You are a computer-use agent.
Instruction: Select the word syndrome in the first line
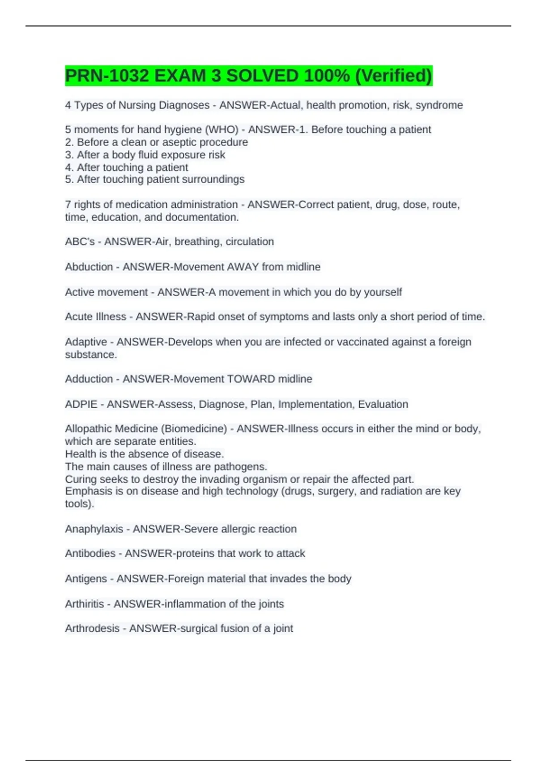[x=439, y=105]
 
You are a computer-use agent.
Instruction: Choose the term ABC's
[x=80, y=242]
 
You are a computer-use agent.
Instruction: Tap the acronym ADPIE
[x=81, y=404]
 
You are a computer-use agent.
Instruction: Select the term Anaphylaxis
[x=94, y=529]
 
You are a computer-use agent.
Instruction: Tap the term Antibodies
[x=90, y=553]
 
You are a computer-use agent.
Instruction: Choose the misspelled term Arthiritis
[x=85, y=604]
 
